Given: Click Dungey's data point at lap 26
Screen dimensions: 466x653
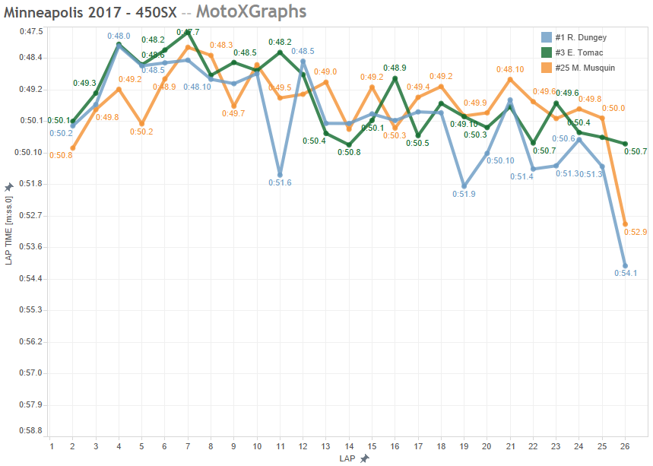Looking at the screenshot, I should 625,266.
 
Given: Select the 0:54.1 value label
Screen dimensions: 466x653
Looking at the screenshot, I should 625,274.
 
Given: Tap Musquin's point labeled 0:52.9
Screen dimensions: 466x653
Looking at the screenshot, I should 625,224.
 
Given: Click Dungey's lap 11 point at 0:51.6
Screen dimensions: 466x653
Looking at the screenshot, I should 280,175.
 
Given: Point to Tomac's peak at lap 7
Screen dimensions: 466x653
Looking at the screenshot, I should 188,32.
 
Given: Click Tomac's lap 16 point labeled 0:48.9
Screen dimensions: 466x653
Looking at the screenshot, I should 395,78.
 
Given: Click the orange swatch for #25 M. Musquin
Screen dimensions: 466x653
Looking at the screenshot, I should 546,68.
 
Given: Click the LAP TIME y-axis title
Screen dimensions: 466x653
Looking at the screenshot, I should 9,227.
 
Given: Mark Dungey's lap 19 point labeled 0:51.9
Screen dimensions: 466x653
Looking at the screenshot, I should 464,186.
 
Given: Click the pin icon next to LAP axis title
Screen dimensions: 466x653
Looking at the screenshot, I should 365,458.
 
